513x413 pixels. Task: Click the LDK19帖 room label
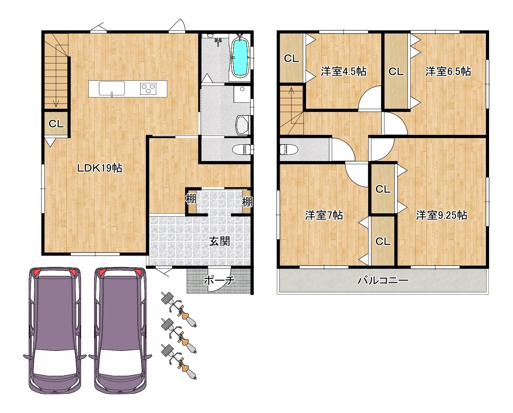[100, 168]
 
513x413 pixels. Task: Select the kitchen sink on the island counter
[112, 88]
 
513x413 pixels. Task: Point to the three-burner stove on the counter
[148, 89]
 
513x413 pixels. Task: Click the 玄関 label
[219, 241]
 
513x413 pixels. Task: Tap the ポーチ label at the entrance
[219, 280]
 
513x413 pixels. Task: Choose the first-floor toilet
[241, 150]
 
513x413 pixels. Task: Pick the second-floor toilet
[289, 150]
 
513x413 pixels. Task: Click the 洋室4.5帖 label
[343, 71]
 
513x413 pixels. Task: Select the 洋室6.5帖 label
[448, 71]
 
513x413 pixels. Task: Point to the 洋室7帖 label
[324, 215]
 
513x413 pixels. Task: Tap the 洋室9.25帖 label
[442, 215]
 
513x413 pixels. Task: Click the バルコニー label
[383, 281]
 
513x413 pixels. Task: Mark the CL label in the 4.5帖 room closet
[291, 58]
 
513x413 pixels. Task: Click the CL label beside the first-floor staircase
[56, 124]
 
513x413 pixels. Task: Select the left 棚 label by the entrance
[191, 199]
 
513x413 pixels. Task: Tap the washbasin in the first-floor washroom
[242, 125]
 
